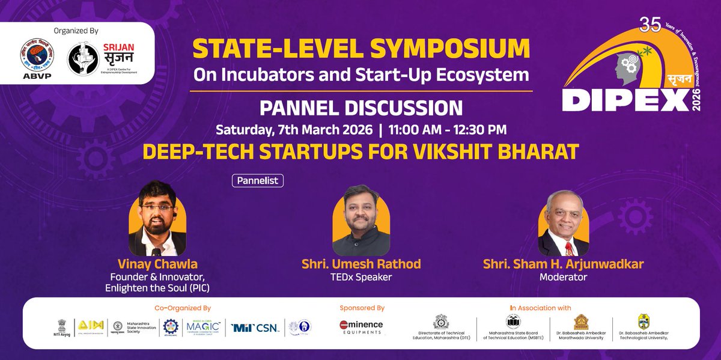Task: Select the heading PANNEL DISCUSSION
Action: pyautogui.click(x=360, y=108)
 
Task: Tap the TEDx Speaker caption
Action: pyautogui.click(x=360, y=278)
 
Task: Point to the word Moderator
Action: pyautogui.click(x=563, y=278)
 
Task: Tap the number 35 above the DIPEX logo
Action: pyautogui.click(x=650, y=25)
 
